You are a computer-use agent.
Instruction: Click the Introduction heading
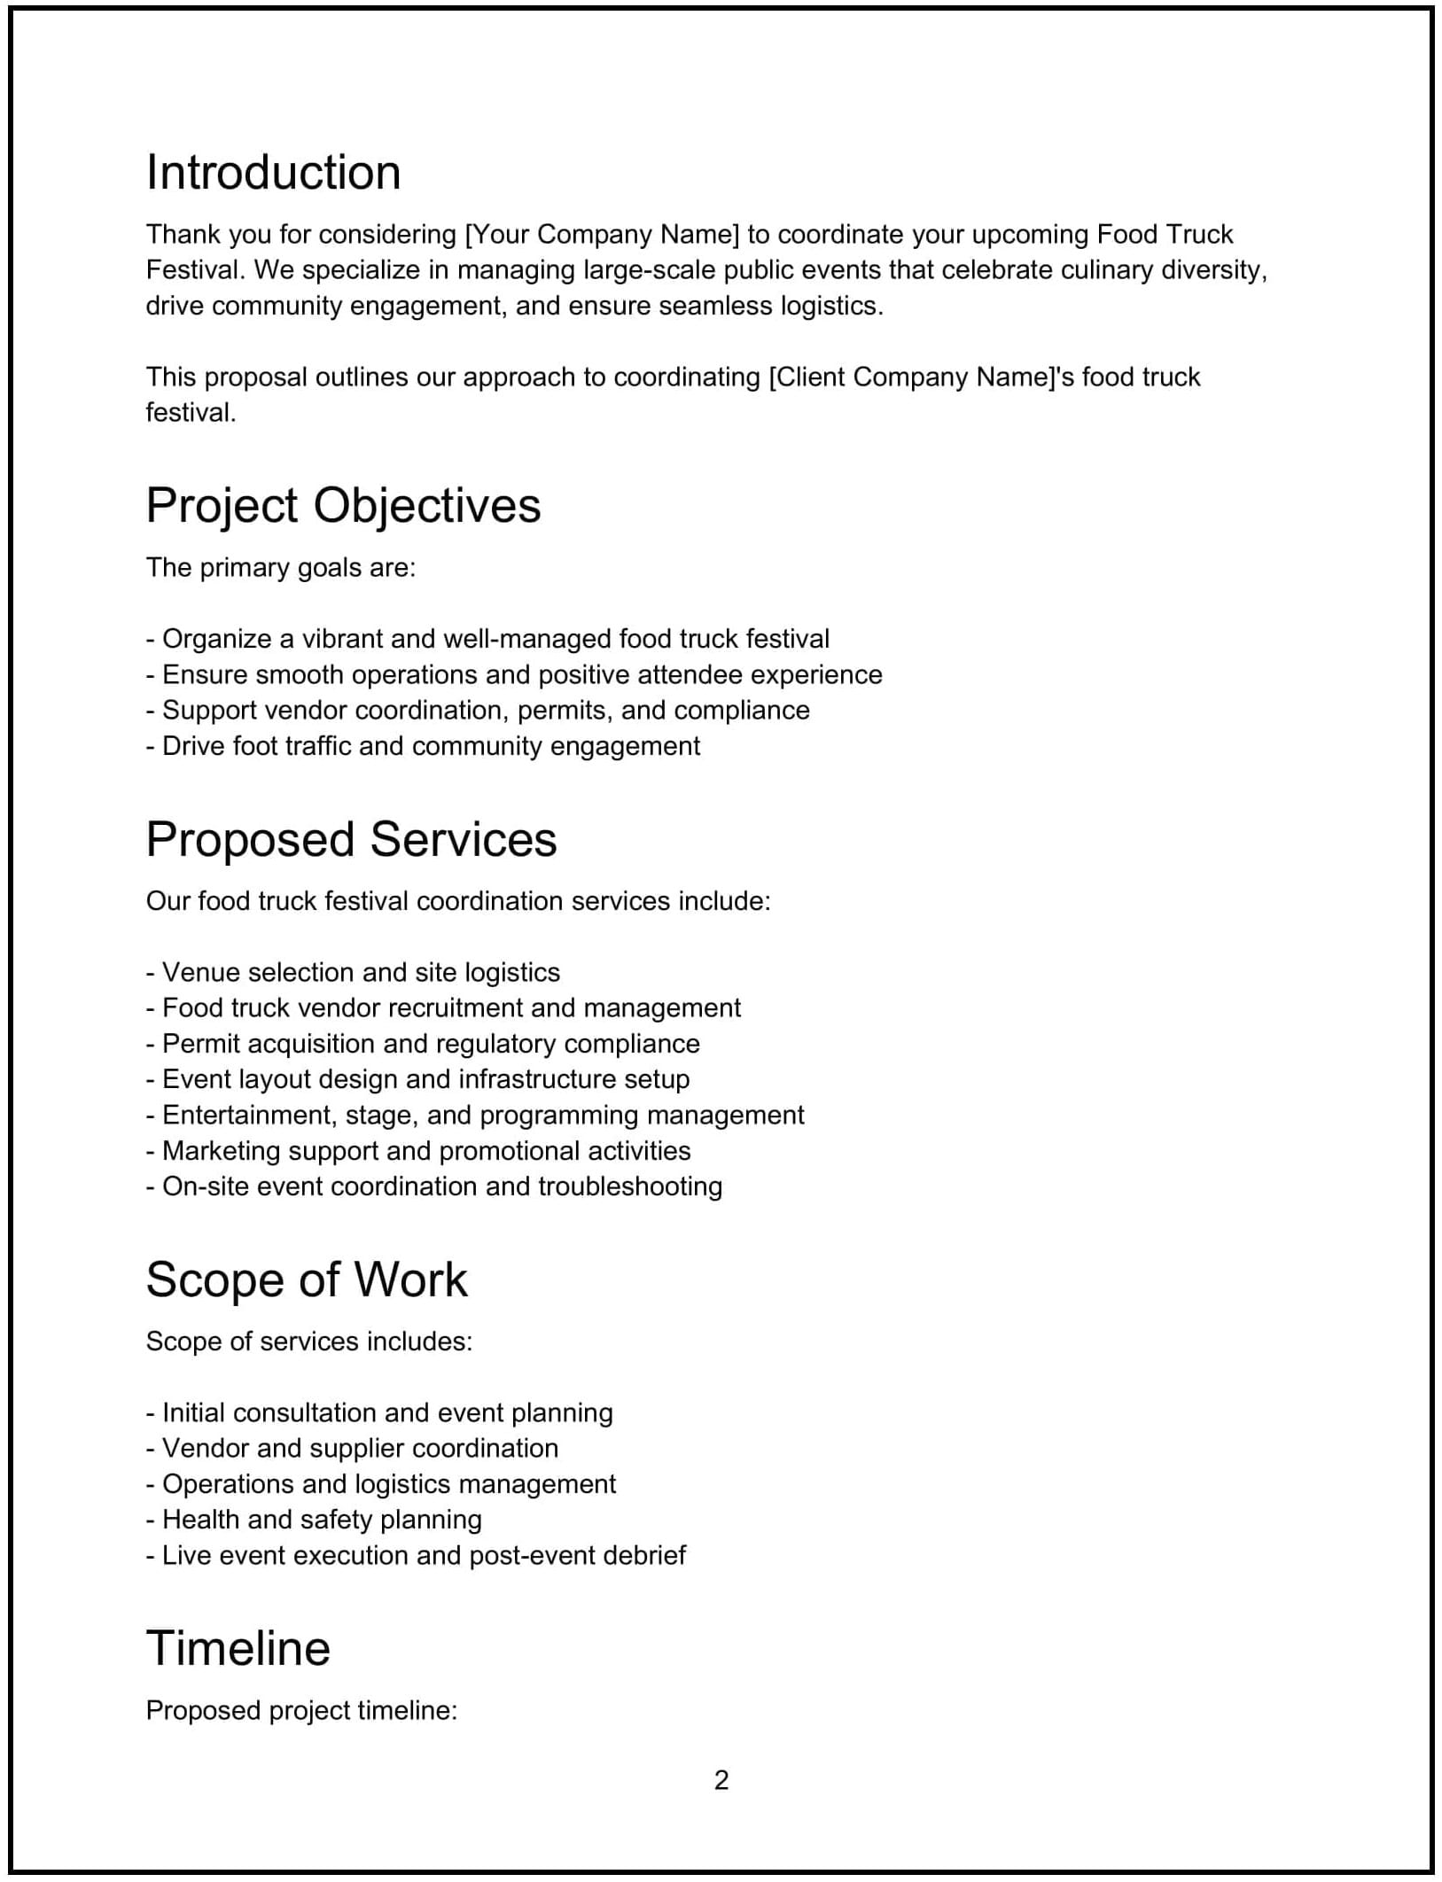click(x=273, y=172)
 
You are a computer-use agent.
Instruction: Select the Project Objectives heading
click(x=343, y=506)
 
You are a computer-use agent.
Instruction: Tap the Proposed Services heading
click(x=351, y=839)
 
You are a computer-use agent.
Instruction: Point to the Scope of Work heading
click(x=306, y=1279)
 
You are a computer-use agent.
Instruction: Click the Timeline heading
click(x=238, y=1648)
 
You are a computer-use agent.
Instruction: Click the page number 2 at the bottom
click(x=721, y=1779)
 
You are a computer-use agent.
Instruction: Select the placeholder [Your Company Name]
click(x=602, y=235)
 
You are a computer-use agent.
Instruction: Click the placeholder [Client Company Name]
click(x=914, y=377)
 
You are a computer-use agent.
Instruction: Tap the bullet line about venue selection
click(x=353, y=973)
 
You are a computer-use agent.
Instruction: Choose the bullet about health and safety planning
click(x=314, y=1520)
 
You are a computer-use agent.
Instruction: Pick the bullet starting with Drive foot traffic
click(x=423, y=746)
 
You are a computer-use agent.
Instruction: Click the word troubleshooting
click(x=630, y=1186)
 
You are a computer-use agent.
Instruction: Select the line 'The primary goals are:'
click(x=280, y=568)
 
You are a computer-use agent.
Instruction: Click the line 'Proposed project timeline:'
click(x=301, y=1710)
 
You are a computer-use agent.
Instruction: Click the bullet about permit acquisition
click(x=423, y=1044)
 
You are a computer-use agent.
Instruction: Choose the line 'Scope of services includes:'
click(x=308, y=1342)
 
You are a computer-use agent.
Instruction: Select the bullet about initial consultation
click(x=379, y=1412)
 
